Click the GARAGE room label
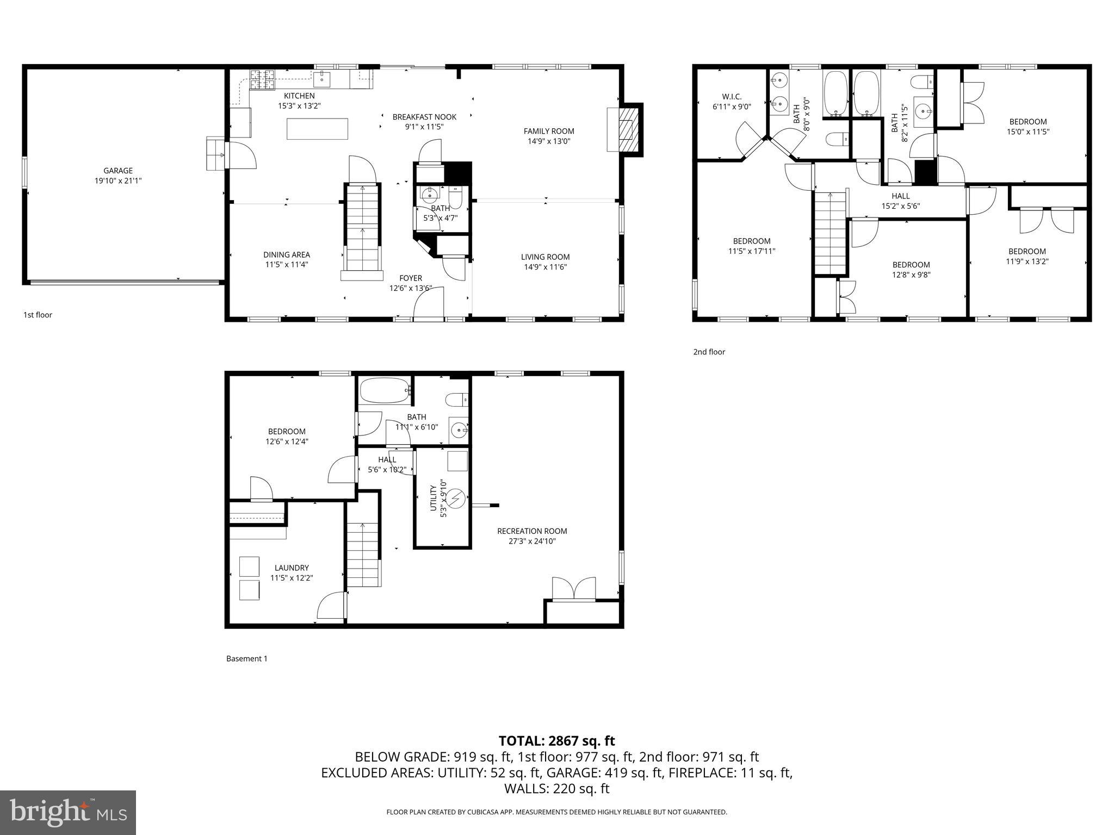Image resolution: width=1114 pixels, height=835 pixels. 118,171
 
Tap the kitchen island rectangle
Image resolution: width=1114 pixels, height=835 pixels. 317,129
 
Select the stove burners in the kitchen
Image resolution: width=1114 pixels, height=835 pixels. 263,80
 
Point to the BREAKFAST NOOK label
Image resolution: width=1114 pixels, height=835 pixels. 424,117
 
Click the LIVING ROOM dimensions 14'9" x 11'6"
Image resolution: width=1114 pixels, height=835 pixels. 545,267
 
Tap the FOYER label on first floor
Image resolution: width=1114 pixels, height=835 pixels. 410,278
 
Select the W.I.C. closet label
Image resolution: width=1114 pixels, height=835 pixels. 731,97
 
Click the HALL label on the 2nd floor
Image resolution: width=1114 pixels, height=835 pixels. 900,196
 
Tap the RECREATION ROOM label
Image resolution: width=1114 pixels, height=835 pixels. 531,531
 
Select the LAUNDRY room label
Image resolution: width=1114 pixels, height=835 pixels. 292,568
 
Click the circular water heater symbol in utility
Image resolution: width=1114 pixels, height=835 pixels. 455,497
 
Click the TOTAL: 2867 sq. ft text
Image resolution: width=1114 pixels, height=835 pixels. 556,741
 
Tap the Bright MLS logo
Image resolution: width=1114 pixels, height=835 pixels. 68,812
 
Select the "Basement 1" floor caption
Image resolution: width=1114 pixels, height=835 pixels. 246,659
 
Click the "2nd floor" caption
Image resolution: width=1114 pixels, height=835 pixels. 709,352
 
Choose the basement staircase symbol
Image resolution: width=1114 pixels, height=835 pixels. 363,554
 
